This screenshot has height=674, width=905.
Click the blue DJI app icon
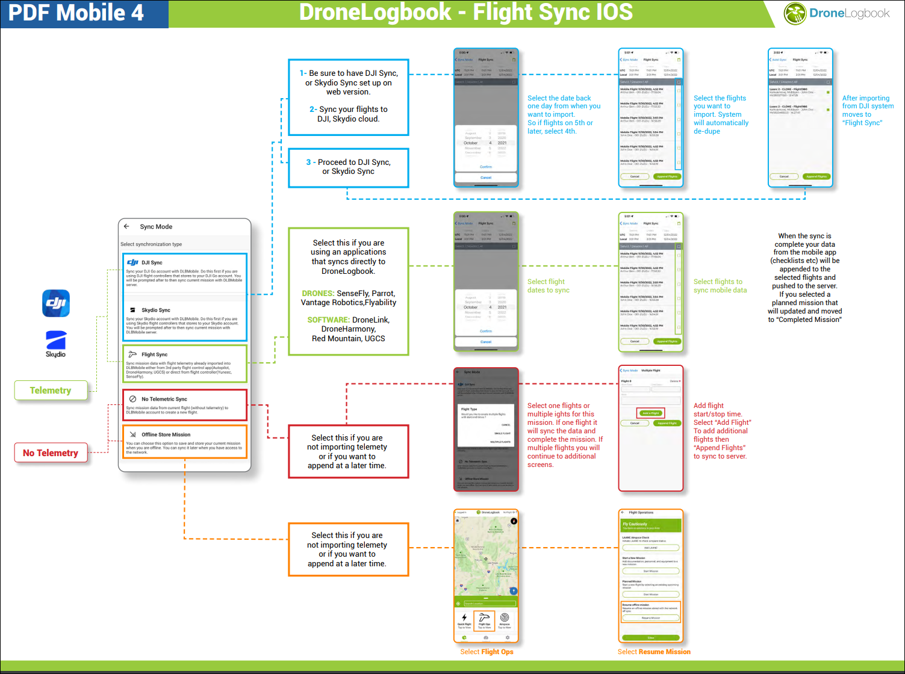tap(56, 303)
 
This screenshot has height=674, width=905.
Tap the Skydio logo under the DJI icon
tap(56, 343)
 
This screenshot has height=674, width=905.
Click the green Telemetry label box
tap(51, 391)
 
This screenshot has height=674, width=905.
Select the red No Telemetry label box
tap(51, 453)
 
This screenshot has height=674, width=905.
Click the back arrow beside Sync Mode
tap(126, 227)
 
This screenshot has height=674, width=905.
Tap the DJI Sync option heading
tap(152, 263)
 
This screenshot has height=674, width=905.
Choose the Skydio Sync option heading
tap(155, 311)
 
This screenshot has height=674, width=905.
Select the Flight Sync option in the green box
tap(154, 355)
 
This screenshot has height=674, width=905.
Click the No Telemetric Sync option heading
tap(164, 400)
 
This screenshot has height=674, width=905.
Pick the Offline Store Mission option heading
tap(166, 435)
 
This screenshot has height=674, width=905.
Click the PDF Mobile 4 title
tap(76, 13)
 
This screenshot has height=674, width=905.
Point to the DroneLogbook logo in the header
tap(837, 13)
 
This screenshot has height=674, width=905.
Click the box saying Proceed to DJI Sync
tap(349, 167)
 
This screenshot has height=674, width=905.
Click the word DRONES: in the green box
tap(318, 294)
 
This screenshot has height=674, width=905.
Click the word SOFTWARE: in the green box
tap(328, 320)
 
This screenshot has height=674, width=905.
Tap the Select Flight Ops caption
tap(487, 652)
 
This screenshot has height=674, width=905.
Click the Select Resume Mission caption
tap(654, 652)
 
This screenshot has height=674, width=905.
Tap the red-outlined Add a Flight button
tap(650, 413)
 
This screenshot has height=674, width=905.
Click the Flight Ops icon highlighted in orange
tap(484, 619)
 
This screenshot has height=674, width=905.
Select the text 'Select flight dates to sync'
tap(548, 286)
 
